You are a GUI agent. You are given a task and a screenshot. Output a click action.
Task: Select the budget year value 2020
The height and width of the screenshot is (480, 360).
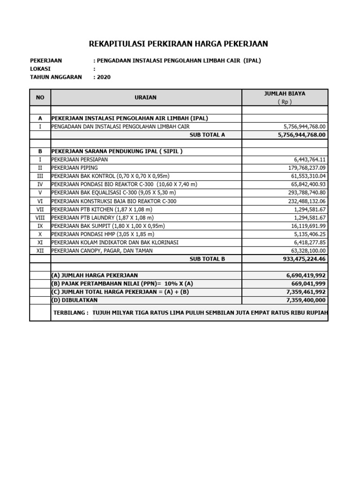(104, 77)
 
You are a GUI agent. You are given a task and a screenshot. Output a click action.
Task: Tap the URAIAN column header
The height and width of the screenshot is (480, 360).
(146, 97)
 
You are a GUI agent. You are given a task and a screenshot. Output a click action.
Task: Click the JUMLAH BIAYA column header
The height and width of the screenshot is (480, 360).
(285, 94)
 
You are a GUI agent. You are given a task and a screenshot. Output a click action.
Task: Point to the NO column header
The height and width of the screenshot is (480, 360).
(40, 97)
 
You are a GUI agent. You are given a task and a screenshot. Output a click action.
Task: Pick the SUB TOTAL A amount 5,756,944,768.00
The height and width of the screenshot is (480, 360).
(301, 135)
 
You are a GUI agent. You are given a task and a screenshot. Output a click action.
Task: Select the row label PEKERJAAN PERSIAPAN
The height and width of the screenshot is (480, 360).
(79, 159)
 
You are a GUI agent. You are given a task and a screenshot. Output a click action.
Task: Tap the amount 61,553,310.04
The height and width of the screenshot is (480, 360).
(308, 176)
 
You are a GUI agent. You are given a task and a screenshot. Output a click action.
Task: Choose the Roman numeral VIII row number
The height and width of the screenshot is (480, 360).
(40, 217)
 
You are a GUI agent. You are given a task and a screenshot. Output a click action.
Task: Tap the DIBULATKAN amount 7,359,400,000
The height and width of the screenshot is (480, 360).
(305, 300)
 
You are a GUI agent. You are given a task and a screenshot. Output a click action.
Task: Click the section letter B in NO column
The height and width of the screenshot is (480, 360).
(40, 151)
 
